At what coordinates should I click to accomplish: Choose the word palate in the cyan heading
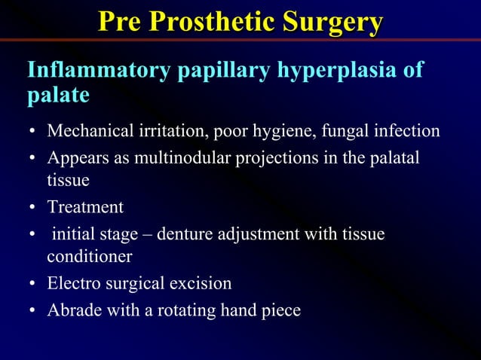58,96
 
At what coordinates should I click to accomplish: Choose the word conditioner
90,257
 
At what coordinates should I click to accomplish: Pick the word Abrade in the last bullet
70,310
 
